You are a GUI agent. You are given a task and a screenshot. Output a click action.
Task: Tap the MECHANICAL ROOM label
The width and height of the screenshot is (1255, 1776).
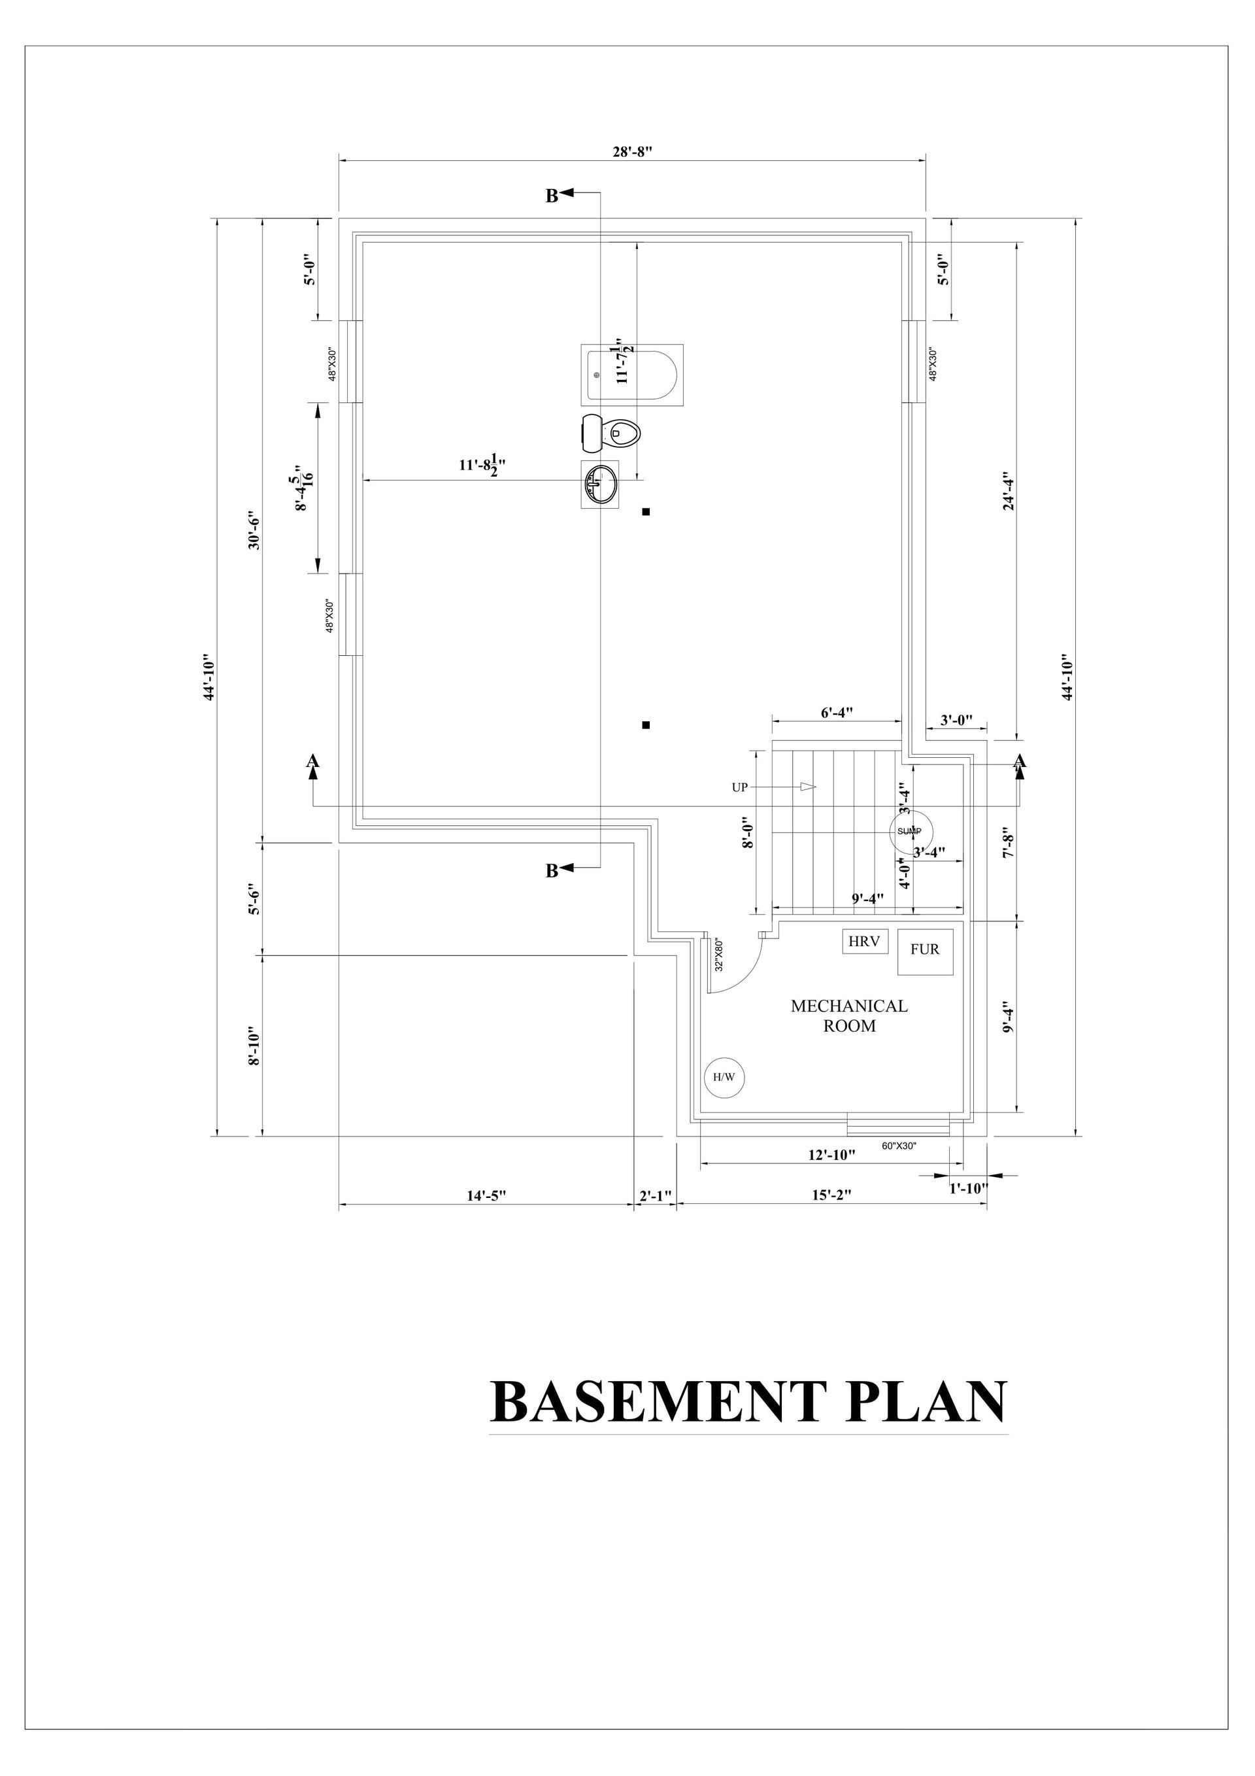pyautogui.click(x=848, y=1016)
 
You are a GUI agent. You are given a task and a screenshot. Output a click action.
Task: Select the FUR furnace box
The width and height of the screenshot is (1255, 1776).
pyautogui.click(x=925, y=951)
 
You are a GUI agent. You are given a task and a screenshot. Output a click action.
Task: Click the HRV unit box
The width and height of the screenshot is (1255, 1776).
pyautogui.click(x=865, y=942)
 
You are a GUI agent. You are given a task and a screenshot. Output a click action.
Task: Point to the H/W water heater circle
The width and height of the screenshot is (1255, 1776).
pyautogui.click(x=723, y=1077)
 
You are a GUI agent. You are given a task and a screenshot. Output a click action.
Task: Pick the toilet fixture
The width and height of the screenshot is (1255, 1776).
pyautogui.click(x=611, y=433)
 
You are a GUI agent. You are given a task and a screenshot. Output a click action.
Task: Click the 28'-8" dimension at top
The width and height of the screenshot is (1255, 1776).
pyautogui.click(x=633, y=152)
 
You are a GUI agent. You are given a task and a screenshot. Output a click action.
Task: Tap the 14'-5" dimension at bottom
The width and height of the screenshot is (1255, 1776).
pyautogui.click(x=486, y=1195)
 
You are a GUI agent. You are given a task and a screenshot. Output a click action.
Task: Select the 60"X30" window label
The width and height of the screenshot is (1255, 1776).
pyautogui.click(x=899, y=1146)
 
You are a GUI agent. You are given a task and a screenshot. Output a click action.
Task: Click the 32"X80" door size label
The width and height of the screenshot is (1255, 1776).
pyautogui.click(x=718, y=955)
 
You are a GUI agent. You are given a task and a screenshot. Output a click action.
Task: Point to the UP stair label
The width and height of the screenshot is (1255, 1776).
pyautogui.click(x=739, y=787)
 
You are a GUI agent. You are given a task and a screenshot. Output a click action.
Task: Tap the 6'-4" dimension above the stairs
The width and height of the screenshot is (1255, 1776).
pyautogui.click(x=836, y=713)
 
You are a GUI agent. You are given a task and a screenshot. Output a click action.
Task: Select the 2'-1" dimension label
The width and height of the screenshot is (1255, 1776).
pyautogui.click(x=655, y=1196)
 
